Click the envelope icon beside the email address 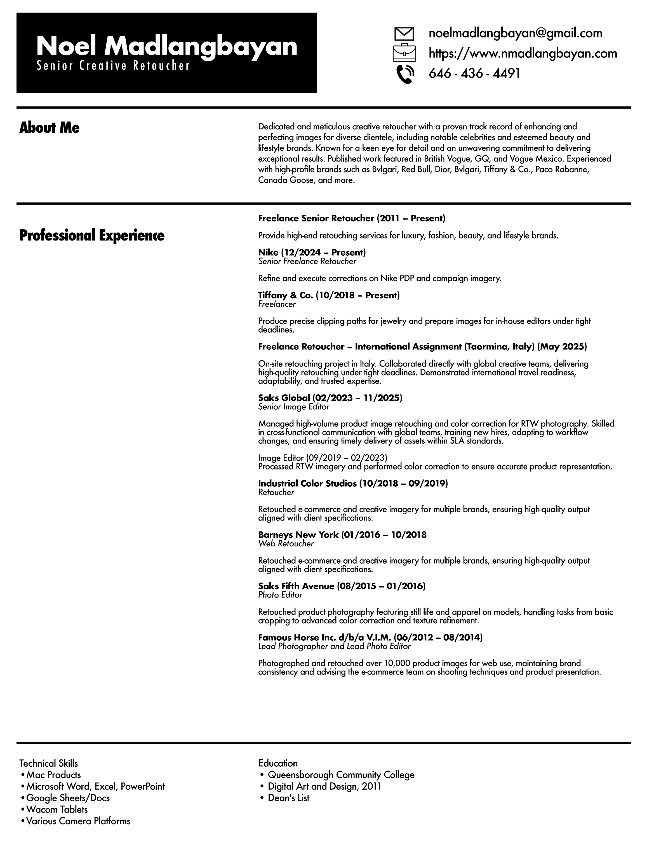point(404,34)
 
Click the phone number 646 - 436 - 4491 point(474,73)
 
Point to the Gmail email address point(515,33)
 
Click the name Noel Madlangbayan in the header point(167,46)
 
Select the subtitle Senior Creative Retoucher point(113,66)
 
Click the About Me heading point(49,128)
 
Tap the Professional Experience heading point(92,235)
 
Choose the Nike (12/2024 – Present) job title point(312,253)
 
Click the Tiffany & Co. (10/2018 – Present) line point(329,295)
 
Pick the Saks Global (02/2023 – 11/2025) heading point(330,398)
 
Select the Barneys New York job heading point(342,535)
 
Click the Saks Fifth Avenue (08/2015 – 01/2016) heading point(342,586)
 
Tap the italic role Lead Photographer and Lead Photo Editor point(334,646)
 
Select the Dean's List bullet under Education point(288,798)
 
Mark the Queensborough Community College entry point(341,775)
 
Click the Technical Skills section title point(48,763)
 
